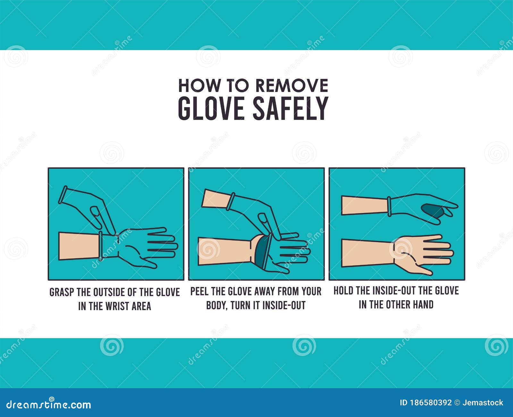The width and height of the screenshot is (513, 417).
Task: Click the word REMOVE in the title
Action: click(x=292, y=86)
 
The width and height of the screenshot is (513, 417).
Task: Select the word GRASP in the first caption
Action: click(x=62, y=292)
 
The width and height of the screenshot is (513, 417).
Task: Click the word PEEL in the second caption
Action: click(x=200, y=291)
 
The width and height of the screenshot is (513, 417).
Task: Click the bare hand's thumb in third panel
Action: click(x=420, y=269)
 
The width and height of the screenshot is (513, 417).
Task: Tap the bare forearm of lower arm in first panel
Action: click(x=79, y=245)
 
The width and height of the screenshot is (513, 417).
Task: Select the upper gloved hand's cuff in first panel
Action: click(x=63, y=195)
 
